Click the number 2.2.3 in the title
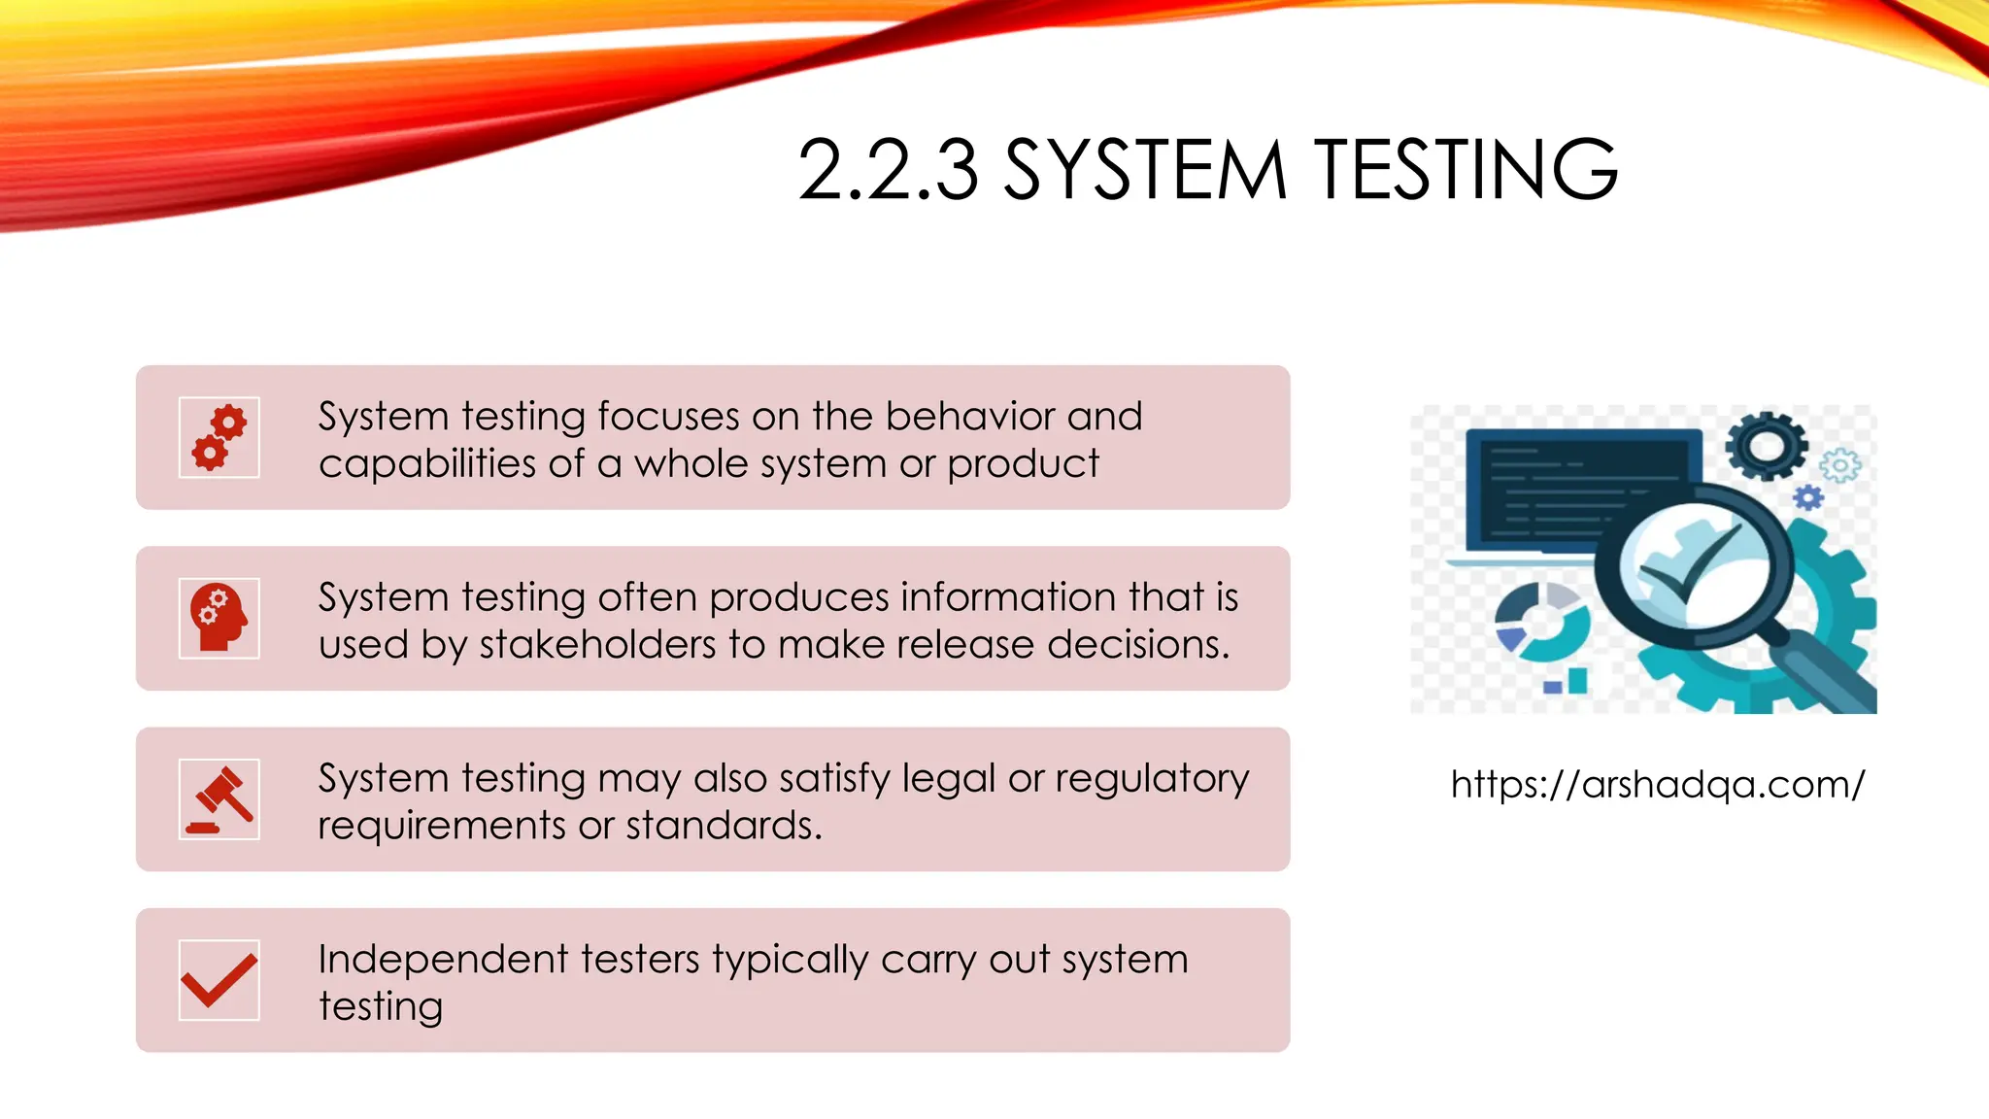tap(888, 171)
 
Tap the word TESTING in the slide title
tap(1467, 171)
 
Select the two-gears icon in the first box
tap(219, 437)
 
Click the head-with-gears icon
tap(219, 618)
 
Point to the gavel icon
tap(219, 799)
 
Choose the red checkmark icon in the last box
tap(219, 979)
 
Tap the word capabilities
tap(426, 464)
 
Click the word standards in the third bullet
tap(724, 827)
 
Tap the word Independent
tap(443, 960)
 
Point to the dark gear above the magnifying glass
tap(1767, 445)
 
